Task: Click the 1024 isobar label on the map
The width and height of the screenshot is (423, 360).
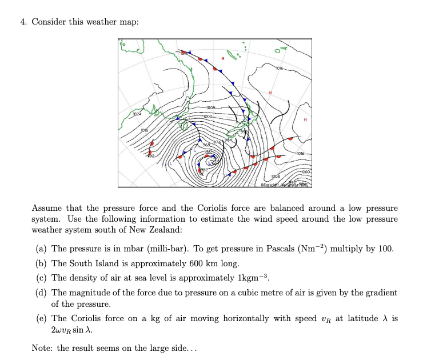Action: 138,114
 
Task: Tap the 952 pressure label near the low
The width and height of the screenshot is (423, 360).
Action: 204,170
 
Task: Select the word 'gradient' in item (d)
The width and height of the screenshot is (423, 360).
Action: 380,293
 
